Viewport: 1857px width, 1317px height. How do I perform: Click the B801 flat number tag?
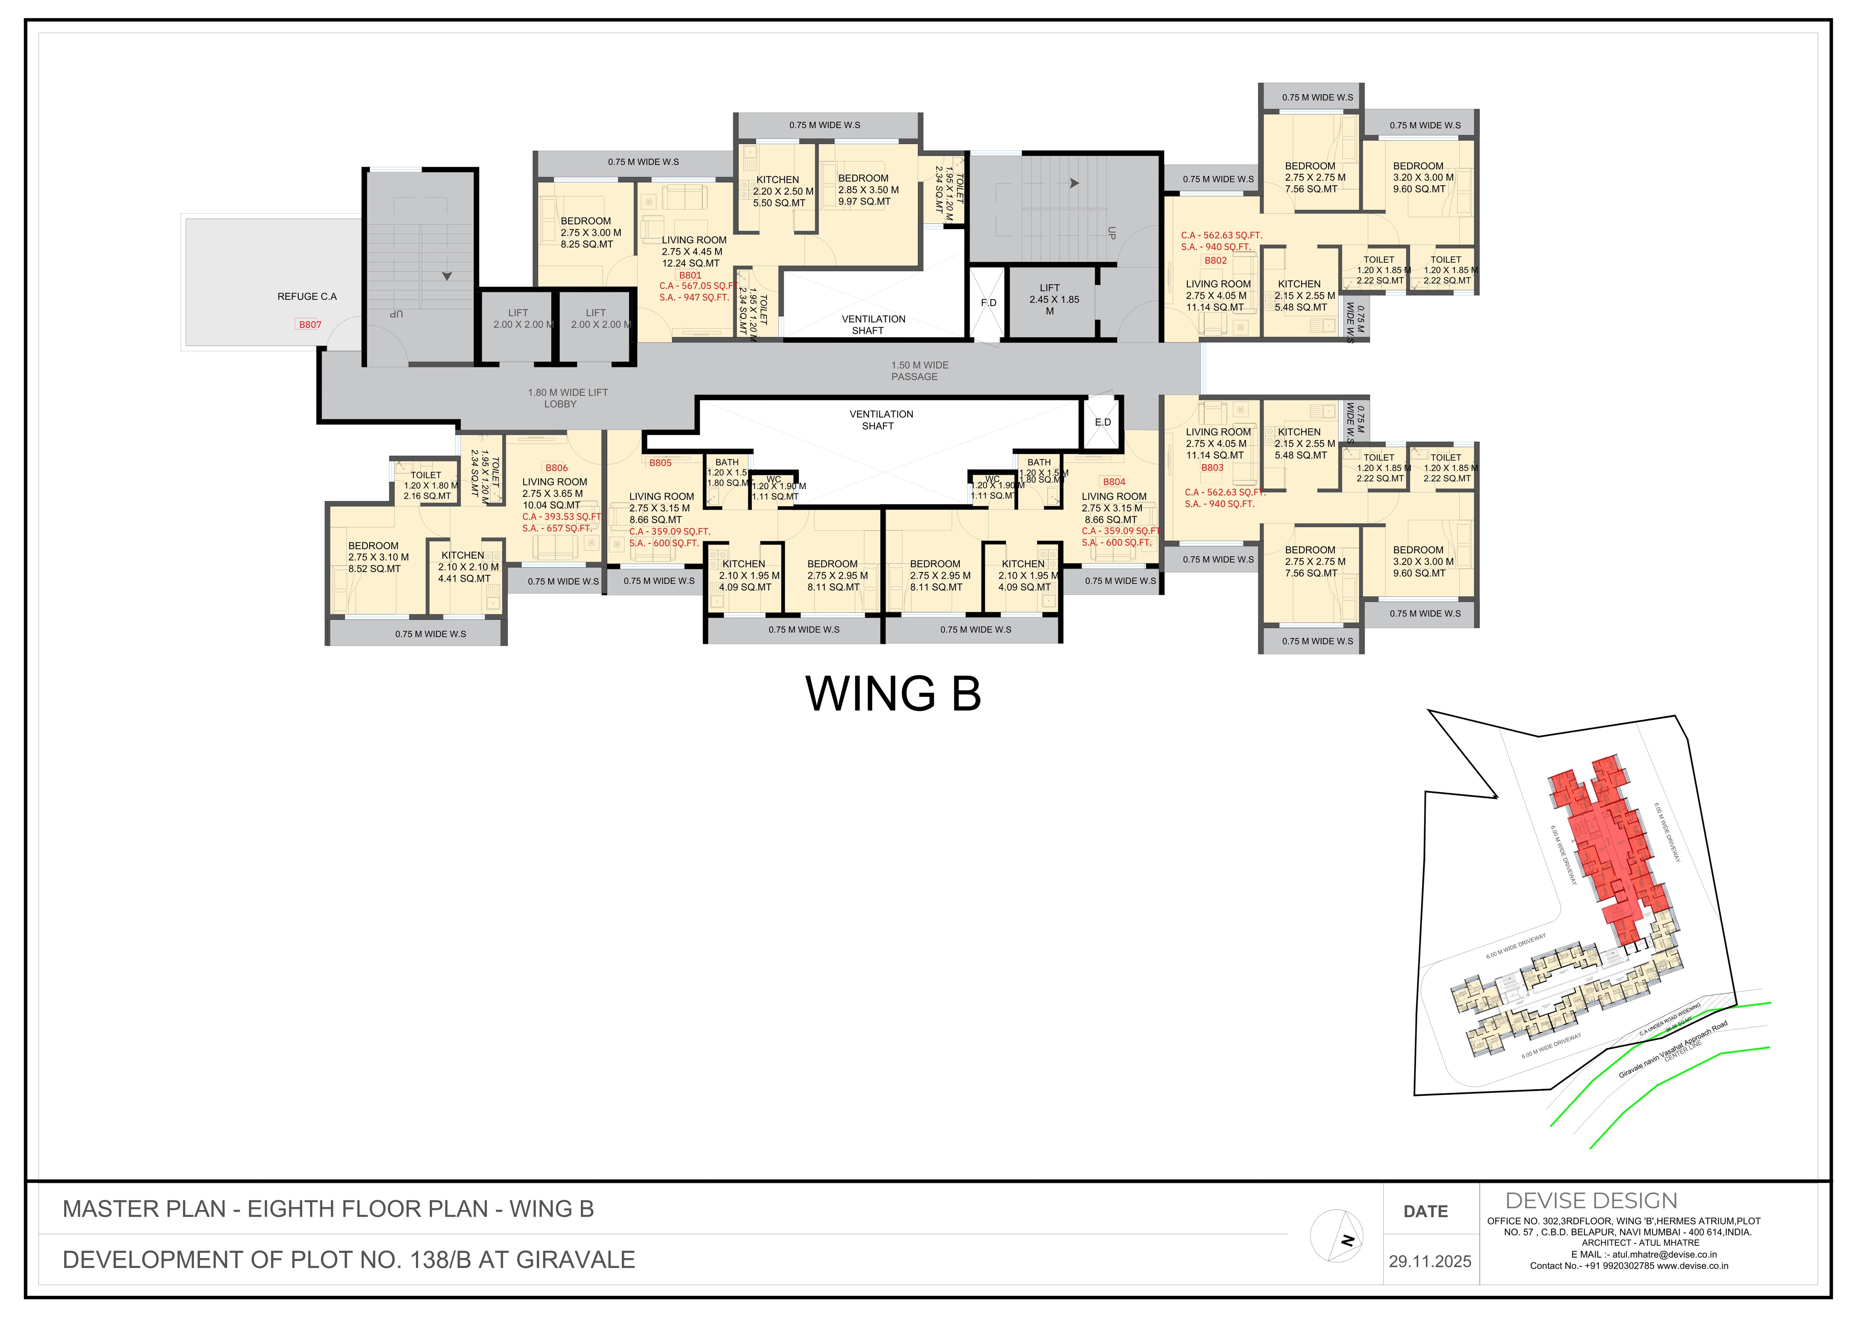point(690,275)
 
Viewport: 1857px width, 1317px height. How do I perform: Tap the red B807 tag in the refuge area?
point(310,324)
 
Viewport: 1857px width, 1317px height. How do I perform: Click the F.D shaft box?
point(988,303)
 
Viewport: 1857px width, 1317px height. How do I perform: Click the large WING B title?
point(893,694)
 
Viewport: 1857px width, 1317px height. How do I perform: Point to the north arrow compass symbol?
point(1336,1236)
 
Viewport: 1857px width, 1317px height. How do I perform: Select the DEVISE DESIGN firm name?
point(1591,1201)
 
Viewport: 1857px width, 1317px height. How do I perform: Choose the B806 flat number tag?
point(556,468)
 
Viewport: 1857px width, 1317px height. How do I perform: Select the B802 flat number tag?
point(1215,260)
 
